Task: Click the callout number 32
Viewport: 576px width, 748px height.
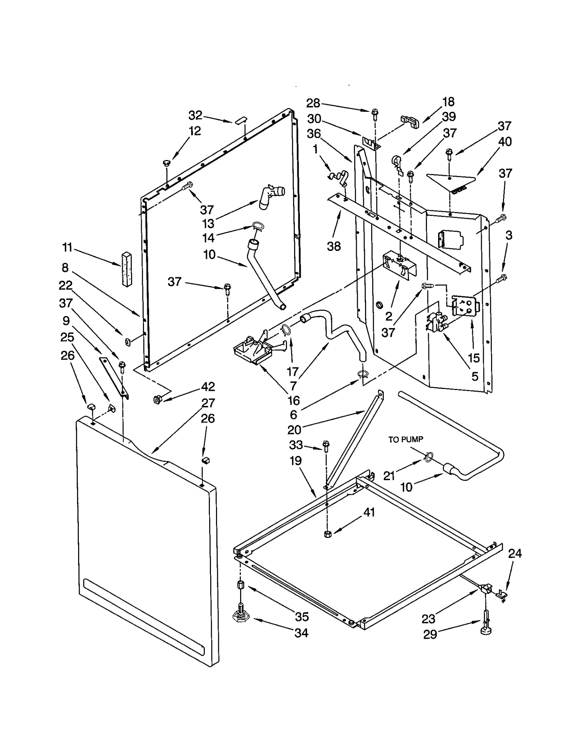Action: (x=195, y=115)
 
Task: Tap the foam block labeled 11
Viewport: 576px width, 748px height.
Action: (x=126, y=269)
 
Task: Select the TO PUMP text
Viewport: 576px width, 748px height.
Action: (x=405, y=439)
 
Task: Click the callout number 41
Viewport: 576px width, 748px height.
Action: (x=369, y=512)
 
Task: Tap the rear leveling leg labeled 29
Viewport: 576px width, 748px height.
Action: (x=485, y=622)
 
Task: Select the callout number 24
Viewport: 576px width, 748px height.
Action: (x=515, y=553)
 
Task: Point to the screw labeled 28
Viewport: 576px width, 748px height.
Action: (x=375, y=113)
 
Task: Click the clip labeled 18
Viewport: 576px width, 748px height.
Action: (x=410, y=121)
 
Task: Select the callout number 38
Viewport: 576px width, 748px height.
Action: (x=334, y=247)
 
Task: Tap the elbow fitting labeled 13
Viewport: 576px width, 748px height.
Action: (x=272, y=196)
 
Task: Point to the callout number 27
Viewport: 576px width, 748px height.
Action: (x=208, y=403)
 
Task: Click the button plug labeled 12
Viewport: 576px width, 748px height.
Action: (x=167, y=163)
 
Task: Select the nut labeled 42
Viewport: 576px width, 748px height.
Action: (x=157, y=399)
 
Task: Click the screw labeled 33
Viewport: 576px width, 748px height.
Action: (x=327, y=446)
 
